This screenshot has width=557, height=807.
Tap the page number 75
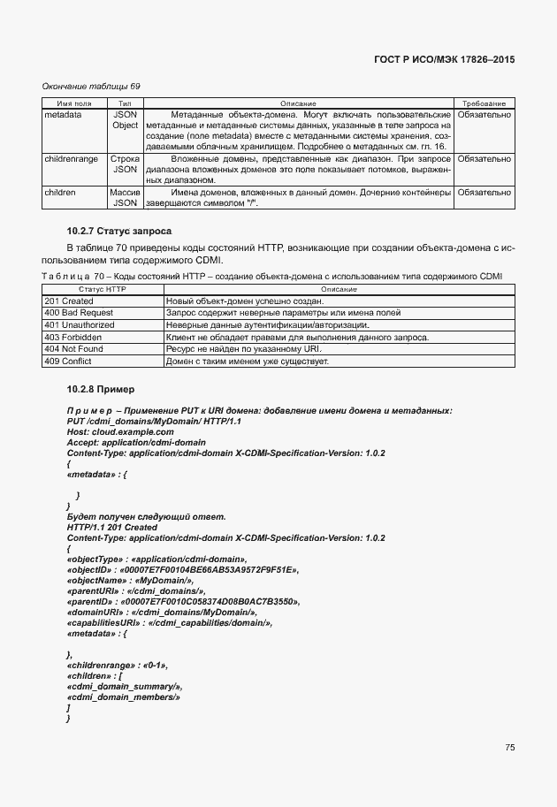[509, 747]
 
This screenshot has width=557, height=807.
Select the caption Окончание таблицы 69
[91, 86]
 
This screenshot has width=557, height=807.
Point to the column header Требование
[484, 104]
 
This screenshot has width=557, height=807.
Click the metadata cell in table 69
[63, 115]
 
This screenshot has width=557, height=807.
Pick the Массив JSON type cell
[125, 197]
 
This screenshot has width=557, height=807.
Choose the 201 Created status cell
[68, 301]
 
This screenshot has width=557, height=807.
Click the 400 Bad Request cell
[80, 313]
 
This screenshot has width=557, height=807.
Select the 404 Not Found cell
[73, 349]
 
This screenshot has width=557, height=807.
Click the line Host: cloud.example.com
[114, 432]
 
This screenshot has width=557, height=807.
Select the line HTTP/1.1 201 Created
[112, 528]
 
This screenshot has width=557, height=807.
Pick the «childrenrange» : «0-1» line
[117, 664]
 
